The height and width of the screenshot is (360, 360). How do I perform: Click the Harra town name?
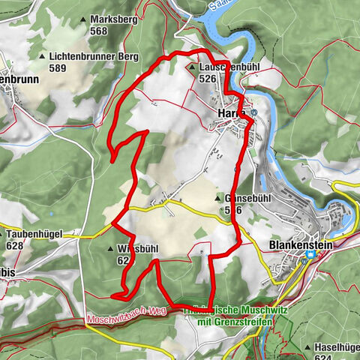(230, 113)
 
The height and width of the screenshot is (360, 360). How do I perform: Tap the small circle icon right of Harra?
(253, 113)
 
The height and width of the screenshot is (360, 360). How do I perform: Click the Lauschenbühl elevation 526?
(208, 78)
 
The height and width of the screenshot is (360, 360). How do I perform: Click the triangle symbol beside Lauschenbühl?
(192, 67)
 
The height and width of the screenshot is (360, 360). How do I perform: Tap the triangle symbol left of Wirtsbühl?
(110, 248)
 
